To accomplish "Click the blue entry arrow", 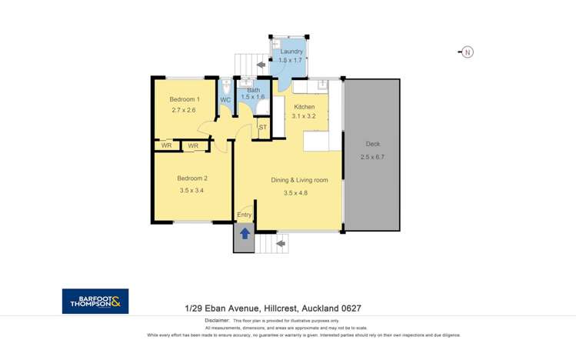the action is (245, 234).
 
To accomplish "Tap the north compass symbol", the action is (466, 52).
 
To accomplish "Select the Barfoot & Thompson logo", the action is (95, 302).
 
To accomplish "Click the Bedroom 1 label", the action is (185, 99).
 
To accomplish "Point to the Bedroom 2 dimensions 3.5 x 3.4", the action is (191, 190).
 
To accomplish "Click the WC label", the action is (225, 100).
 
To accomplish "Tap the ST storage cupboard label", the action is (263, 128).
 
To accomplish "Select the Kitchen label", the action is (305, 107).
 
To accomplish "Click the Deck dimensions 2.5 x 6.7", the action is (372, 157).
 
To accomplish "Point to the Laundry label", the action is (291, 52).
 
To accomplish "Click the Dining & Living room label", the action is (299, 180).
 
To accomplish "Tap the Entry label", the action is (245, 215).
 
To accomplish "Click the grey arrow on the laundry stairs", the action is (261, 65).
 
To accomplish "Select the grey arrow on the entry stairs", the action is (281, 244).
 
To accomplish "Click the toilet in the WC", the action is (226, 88).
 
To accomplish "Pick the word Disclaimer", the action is (217, 320).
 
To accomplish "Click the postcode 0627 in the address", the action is (351, 308).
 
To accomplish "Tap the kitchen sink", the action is (322, 85).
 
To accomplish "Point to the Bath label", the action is (254, 90).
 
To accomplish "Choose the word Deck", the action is (372, 144).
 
